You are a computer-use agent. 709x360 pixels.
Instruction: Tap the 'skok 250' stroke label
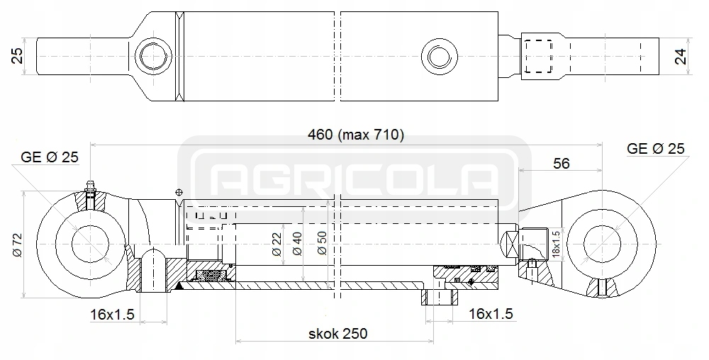coord(337,333)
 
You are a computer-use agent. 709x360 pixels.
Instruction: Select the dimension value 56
coord(561,164)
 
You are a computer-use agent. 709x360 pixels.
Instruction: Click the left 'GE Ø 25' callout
coord(49,157)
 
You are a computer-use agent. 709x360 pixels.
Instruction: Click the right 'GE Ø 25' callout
coord(656,149)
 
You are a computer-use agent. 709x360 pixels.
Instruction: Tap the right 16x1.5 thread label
coord(491,313)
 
